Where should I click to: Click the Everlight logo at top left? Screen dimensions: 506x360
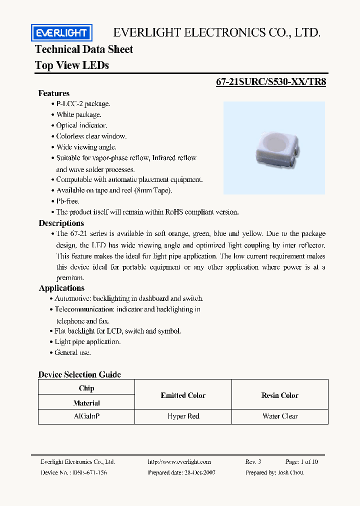[x=61, y=33]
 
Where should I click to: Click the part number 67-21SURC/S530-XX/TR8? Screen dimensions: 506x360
[x=271, y=82]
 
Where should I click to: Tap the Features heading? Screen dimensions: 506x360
[x=54, y=93]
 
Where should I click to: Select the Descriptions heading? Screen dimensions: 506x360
[x=61, y=223]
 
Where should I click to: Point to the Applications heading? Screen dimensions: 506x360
[x=61, y=288]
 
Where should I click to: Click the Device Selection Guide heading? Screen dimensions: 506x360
[x=79, y=374]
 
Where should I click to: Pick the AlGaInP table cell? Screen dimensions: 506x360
[x=86, y=416]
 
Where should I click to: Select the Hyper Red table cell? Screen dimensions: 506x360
[x=183, y=416]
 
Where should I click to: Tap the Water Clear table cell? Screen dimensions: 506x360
[x=280, y=416]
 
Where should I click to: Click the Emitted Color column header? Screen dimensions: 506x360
[x=183, y=395]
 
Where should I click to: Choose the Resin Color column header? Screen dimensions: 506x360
[x=280, y=395]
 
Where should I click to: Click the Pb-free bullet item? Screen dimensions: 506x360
[x=67, y=201]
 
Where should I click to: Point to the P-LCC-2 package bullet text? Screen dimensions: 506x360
[x=83, y=103]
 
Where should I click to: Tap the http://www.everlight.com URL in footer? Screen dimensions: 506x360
[x=179, y=462]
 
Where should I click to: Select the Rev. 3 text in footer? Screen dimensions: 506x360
[x=253, y=462]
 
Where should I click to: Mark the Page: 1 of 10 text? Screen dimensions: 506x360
[x=301, y=462]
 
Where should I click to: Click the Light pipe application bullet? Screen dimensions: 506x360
[x=87, y=341]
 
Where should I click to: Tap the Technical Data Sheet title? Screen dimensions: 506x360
[x=84, y=49]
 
